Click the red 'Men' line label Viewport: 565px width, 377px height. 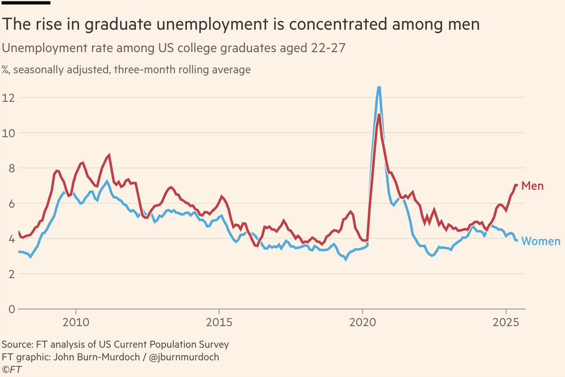532,186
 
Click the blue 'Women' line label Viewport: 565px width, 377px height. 541,241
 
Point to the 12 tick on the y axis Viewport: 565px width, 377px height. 8,97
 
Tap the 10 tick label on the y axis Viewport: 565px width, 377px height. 8,133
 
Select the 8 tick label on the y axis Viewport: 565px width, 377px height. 5,168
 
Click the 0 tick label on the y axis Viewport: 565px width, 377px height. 5,309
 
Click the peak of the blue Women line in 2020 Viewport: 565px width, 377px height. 379,87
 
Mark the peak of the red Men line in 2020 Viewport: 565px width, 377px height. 379,115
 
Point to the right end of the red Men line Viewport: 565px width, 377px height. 517,185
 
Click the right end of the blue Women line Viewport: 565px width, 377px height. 517,241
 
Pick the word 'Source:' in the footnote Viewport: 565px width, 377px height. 18,345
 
